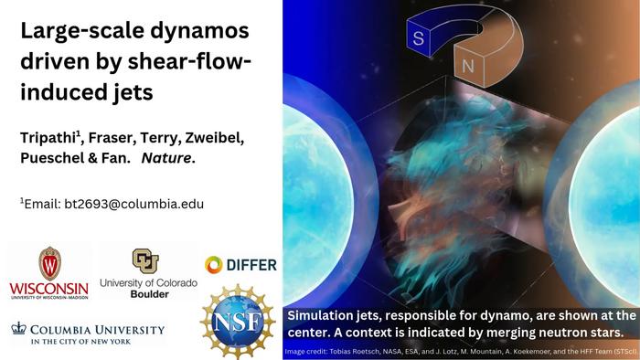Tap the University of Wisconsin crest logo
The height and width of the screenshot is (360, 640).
coord(49,264)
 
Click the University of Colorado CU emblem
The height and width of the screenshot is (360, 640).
coord(145,260)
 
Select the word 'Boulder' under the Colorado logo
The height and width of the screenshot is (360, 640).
coord(148,294)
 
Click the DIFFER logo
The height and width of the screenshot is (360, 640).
coord(240,265)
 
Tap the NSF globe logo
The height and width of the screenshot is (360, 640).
coord(237,321)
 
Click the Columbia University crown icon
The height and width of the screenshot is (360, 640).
coord(19,328)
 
